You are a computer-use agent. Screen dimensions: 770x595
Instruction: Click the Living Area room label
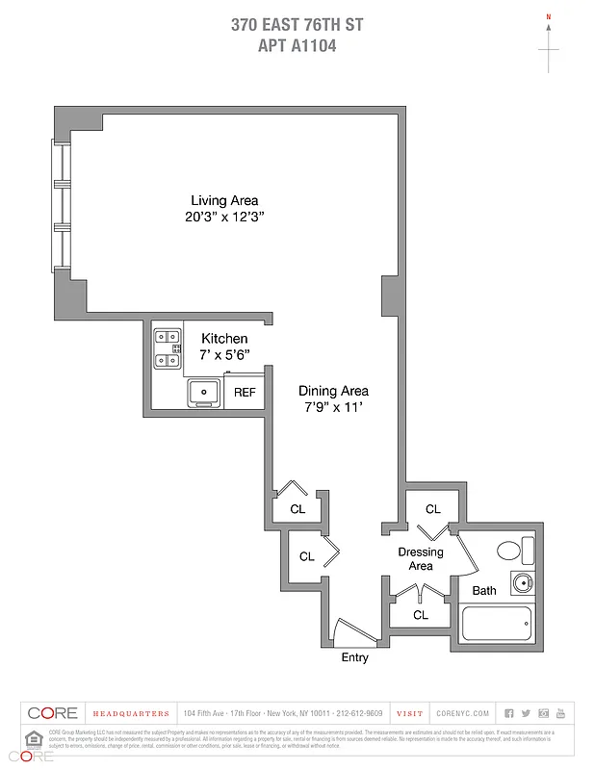[x=224, y=200]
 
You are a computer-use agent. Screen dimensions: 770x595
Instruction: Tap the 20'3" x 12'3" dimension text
[x=224, y=217]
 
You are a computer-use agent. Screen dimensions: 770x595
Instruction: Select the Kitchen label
[x=223, y=339]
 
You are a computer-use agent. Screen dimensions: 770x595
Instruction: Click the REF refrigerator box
[x=245, y=393]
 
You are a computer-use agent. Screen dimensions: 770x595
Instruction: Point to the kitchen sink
[x=204, y=391]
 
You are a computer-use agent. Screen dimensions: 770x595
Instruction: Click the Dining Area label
[x=333, y=391]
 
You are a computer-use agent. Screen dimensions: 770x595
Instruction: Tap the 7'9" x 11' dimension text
[x=333, y=406]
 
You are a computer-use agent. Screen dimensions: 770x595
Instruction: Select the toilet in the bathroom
[x=513, y=552]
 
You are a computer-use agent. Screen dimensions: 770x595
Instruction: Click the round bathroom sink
[x=521, y=583]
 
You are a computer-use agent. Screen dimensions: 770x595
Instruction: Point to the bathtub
[x=498, y=623]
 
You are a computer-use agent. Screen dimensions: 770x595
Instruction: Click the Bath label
[x=483, y=590]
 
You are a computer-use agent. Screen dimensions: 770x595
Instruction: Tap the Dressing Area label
[x=421, y=559]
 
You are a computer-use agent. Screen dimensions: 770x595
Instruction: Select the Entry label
[x=354, y=657]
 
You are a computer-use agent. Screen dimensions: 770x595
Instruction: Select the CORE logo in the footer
[x=52, y=713]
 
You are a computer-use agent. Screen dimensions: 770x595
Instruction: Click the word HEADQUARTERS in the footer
[x=131, y=714]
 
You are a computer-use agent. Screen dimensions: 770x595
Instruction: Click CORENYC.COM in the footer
[x=462, y=714]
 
